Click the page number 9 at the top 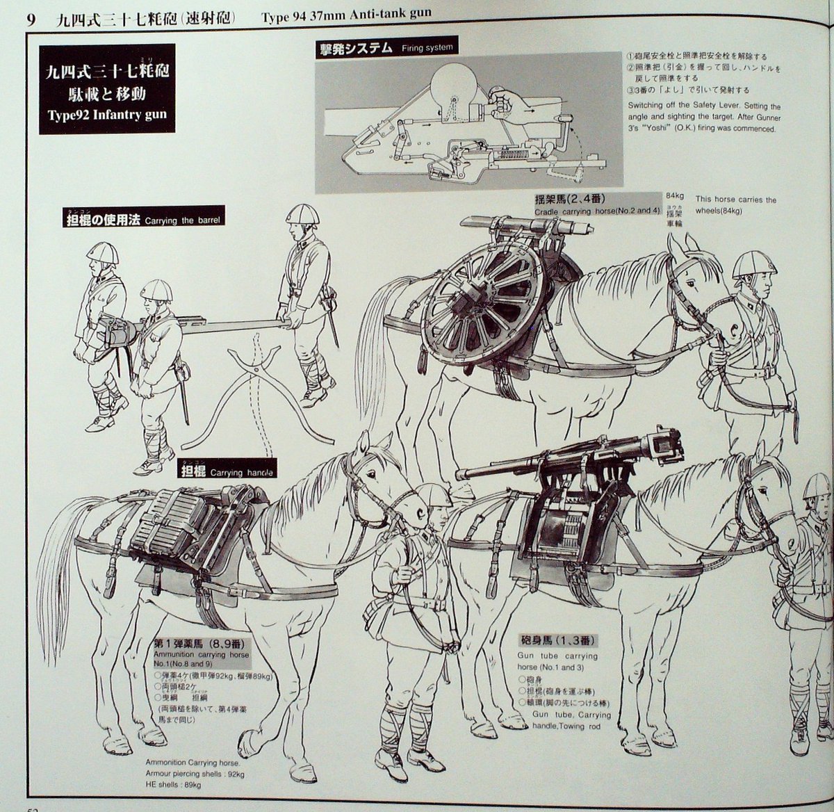31,17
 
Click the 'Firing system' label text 427,48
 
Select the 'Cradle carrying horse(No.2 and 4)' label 597,211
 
